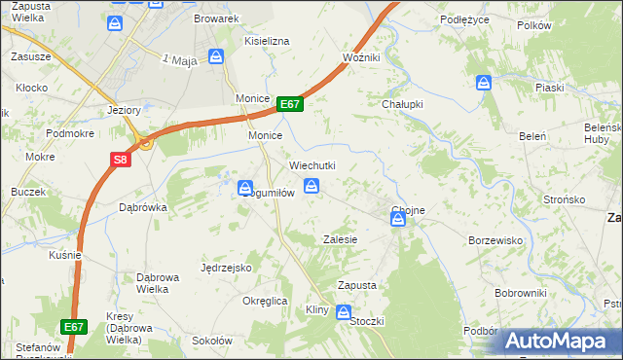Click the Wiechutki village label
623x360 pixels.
tap(311, 166)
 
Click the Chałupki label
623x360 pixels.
tap(400, 104)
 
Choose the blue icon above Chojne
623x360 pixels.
tap(398, 222)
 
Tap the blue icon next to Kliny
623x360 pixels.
tap(344, 311)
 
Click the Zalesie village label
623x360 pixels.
tap(341, 239)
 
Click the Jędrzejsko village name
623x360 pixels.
tap(226, 267)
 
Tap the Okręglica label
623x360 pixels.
tap(265, 301)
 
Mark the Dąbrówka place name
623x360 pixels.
tap(142, 207)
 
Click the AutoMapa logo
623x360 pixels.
tap(562, 341)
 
